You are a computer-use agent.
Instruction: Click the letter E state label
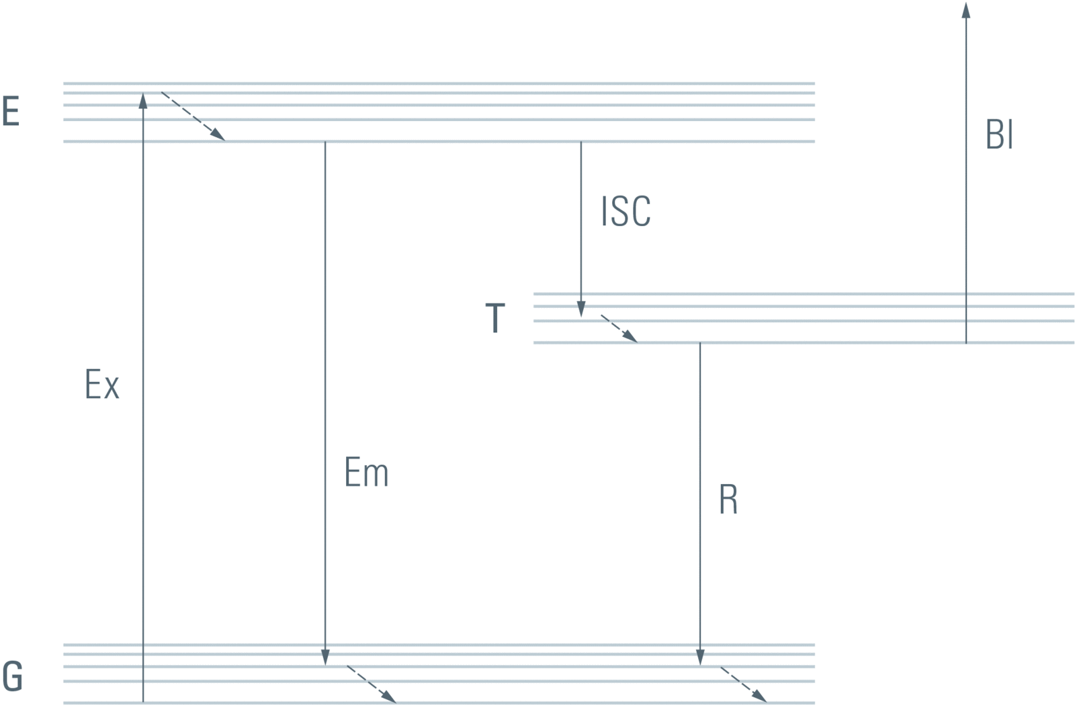[11, 112]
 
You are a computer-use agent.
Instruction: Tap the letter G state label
[12, 676]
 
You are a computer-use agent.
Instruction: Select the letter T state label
[495, 318]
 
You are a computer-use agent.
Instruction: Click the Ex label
[102, 385]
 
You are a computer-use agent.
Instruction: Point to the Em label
[366, 472]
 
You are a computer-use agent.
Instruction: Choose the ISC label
[626, 211]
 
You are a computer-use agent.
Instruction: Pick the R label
[728, 500]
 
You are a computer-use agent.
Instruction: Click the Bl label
[999, 135]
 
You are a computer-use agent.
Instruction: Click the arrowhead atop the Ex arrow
[143, 101]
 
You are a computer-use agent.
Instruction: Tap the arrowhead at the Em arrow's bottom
[325, 657]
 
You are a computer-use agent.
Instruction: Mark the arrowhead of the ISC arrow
[581, 309]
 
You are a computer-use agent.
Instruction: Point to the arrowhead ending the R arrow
[700, 657]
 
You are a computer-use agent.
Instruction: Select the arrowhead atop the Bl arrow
[966, 10]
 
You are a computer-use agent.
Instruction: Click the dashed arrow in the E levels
[193, 116]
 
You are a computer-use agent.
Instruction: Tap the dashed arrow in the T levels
[619, 329]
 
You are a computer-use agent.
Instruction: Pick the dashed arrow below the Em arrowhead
[371, 684]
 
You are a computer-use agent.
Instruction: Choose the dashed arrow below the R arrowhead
[743, 684]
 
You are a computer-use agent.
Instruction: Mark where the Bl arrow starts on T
[966, 342]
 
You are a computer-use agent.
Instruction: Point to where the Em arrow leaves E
[325, 143]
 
